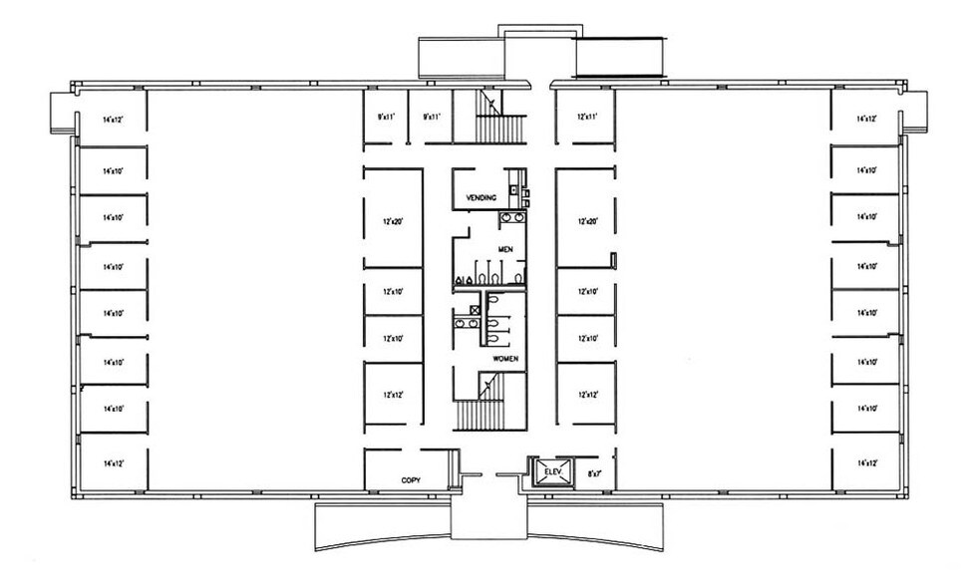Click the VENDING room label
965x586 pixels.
coord(481,198)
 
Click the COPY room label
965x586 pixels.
coord(411,480)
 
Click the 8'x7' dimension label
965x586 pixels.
coord(594,474)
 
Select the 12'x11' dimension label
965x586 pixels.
coord(586,117)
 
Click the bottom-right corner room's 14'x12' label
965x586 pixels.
coord(866,463)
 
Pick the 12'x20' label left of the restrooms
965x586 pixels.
coord(391,220)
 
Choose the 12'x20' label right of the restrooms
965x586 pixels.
coord(586,220)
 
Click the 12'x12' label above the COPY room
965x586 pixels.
coord(391,396)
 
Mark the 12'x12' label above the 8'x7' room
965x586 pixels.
coord(586,396)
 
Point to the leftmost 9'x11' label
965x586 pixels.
coord(386,117)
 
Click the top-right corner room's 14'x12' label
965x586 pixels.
coord(866,119)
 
